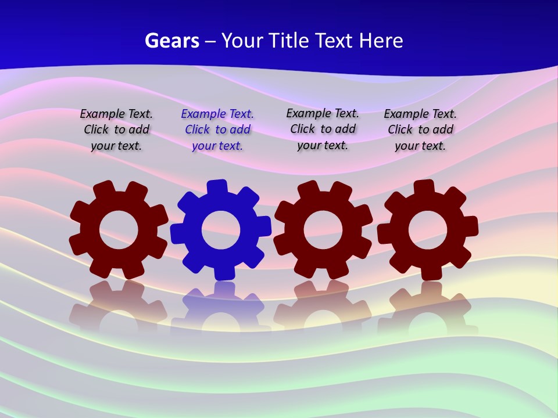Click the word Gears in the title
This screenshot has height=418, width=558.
click(x=171, y=41)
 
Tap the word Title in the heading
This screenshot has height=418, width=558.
click(x=289, y=41)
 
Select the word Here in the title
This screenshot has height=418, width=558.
click(x=381, y=41)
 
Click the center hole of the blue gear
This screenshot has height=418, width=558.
click(x=221, y=230)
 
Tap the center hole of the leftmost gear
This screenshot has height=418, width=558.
click(x=119, y=230)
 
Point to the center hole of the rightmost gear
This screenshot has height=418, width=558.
click(x=428, y=230)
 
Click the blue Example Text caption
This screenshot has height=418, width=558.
click(x=217, y=129)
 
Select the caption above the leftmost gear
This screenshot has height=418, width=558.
click(x=116, y=129)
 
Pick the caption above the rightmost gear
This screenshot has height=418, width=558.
click(x=420, y=129)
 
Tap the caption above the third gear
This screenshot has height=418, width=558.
click(x=323, y=129)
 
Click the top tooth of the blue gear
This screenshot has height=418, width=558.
click(x=216, y=188)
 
